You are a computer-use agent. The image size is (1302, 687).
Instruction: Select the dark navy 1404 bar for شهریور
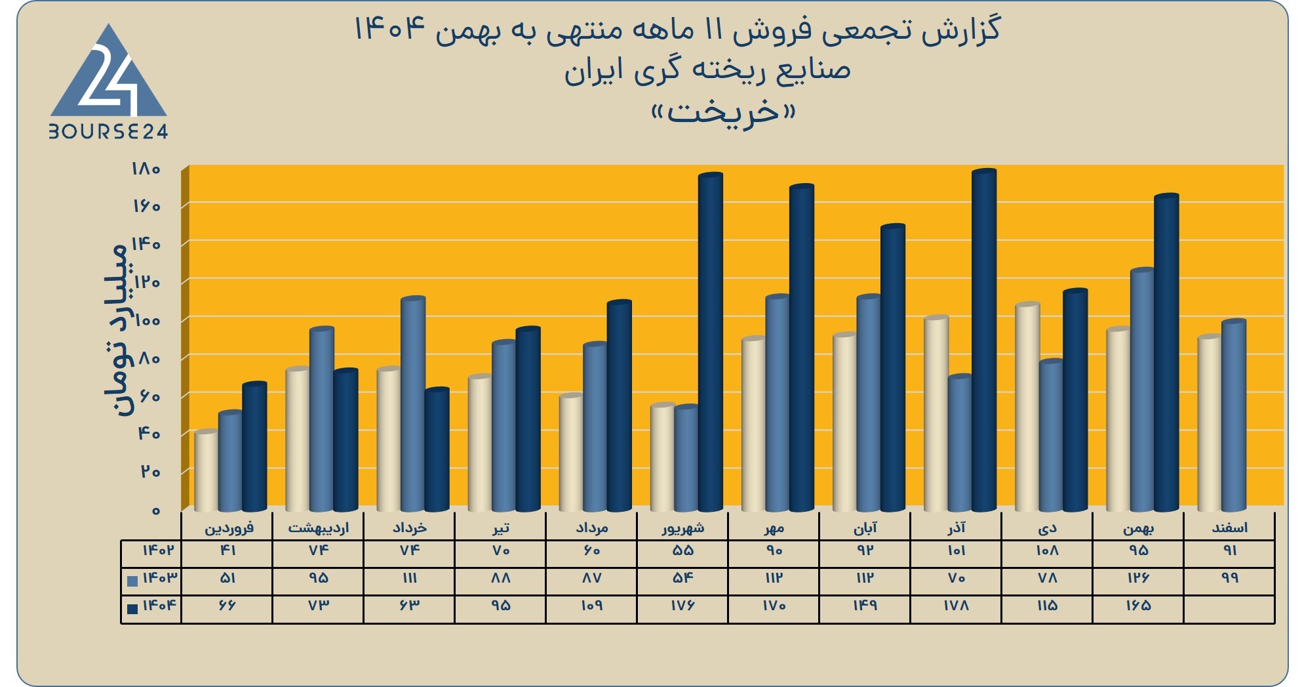(x=711, y=342)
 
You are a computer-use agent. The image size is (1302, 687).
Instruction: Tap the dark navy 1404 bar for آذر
(x=984, y=340)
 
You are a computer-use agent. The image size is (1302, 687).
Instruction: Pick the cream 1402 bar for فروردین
(x=207, y=470)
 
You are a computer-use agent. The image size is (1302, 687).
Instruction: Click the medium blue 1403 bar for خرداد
(x=413, y=404)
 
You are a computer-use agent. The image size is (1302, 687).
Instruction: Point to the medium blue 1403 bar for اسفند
(x=1234, y=415)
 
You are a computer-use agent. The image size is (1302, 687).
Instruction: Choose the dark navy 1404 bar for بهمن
(x=1166, y=352)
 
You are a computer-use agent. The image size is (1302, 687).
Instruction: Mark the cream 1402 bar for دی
(x=1027, y=407)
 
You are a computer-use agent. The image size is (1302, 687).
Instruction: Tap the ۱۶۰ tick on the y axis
(x=147, y=207)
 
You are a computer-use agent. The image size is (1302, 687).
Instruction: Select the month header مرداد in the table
(x=591, y=528)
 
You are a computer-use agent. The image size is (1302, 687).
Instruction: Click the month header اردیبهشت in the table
(x=319, y=528)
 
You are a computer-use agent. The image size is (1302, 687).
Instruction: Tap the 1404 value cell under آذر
(x=956, y=606)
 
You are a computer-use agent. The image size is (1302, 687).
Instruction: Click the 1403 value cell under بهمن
(x=1139, y=578)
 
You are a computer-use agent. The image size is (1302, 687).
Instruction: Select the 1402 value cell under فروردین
(x=227, y=551)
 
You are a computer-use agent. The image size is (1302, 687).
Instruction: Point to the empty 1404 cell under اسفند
(x=1229, y=609)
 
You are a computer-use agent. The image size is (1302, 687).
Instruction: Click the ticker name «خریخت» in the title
(x=723, y=112)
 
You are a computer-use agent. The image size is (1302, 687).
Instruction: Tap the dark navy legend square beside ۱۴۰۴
(x=132, y=608)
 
